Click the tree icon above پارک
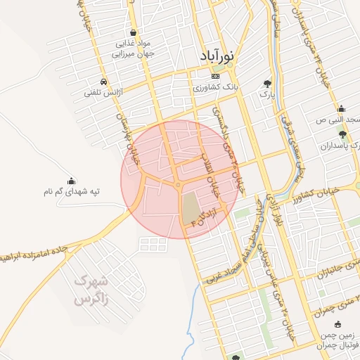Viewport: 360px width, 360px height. pos(267,82)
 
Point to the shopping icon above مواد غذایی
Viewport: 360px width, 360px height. pos(133,32)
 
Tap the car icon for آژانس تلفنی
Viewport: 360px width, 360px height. pos(104,81)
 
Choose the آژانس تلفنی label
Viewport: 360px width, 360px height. pos(104,92)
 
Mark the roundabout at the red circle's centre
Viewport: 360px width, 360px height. pos(179,185)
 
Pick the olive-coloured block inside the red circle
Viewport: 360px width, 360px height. pos(191,209)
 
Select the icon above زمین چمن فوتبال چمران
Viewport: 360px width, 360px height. pos(339,324)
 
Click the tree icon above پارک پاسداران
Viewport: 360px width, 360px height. pos(342,134)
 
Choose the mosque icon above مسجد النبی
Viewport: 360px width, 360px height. pos(342,109)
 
